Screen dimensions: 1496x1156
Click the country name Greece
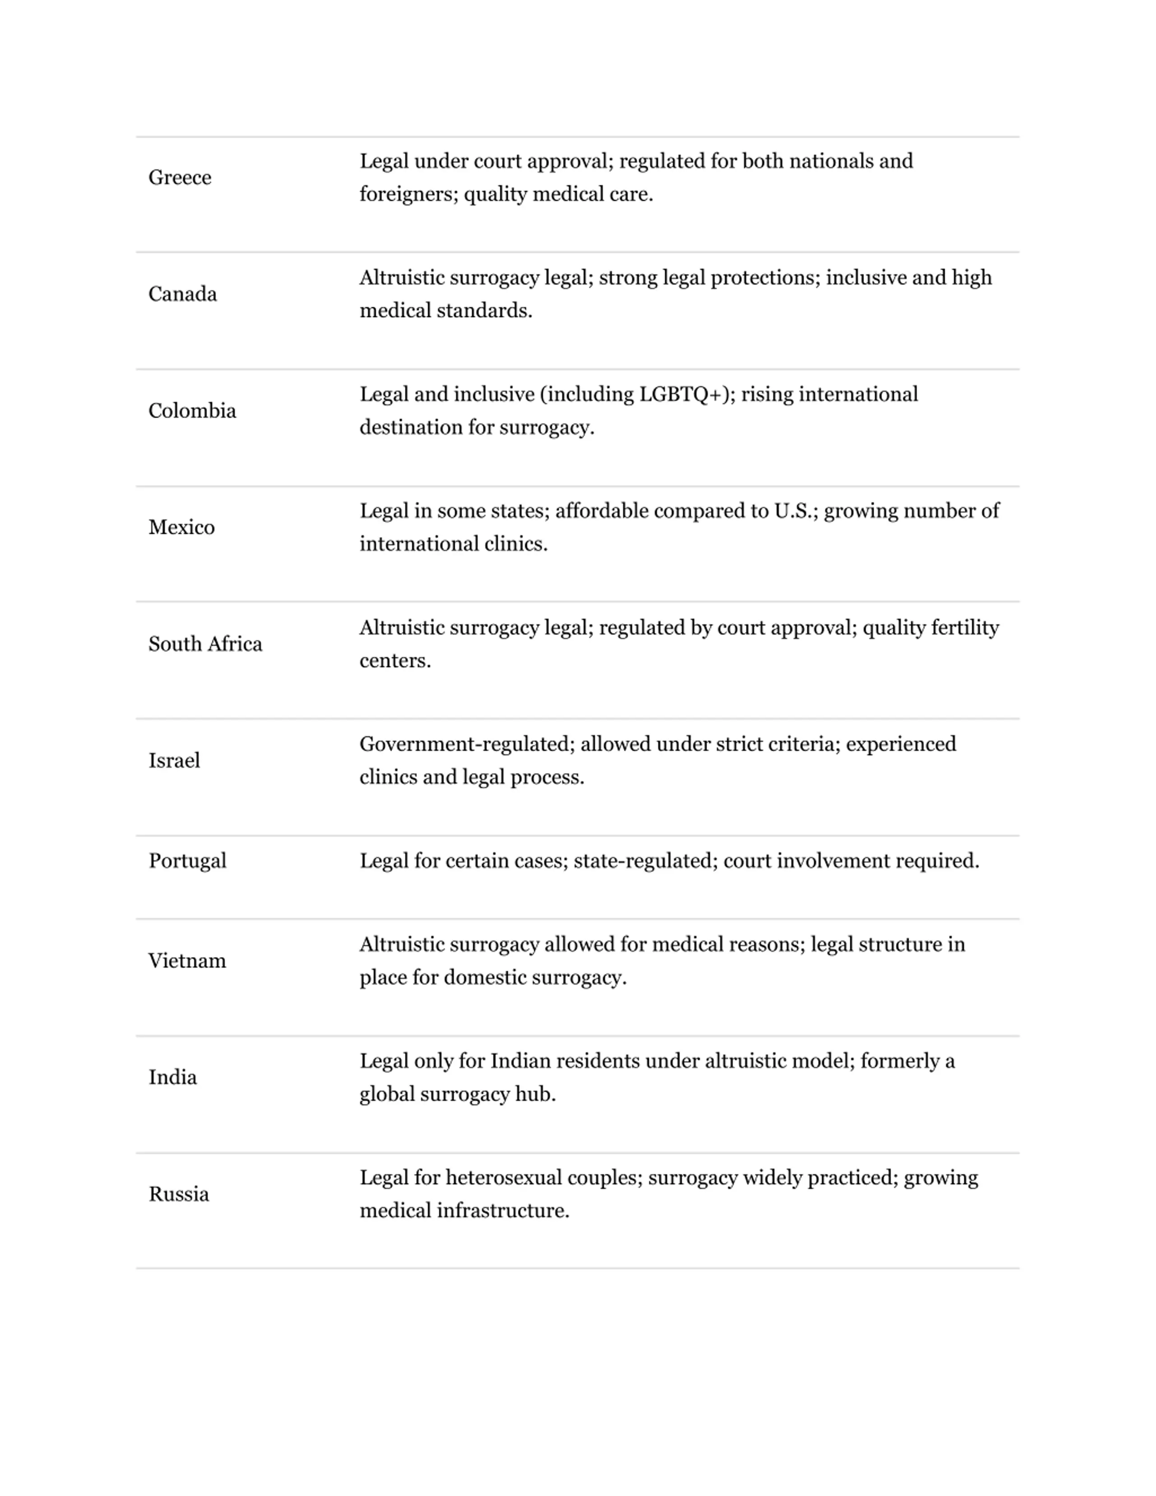[179, 177]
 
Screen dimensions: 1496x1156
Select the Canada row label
[182, 294]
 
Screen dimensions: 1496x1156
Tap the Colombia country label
[192, 410]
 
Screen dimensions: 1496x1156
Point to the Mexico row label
[182, 527]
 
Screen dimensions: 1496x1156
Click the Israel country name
[174, 760]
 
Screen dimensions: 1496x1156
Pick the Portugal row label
[187, 860]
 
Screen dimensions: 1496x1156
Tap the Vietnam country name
[187, 960]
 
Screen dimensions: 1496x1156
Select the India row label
[172, 1077]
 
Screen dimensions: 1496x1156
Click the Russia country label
[179, 1194]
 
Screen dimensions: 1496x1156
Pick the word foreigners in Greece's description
[408, 195]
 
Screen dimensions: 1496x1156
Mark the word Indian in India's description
[521, 1061]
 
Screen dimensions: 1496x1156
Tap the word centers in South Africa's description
[395, 661]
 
